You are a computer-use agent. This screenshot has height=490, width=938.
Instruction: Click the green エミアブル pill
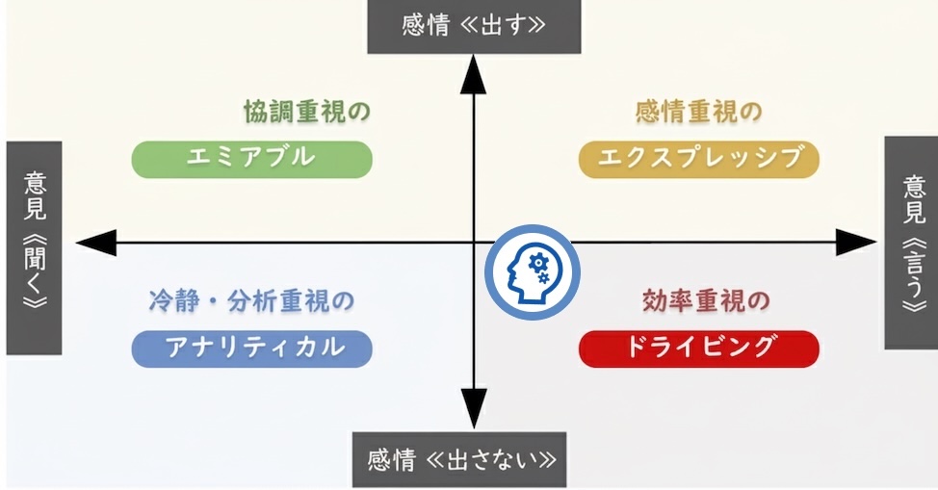coord(251,159)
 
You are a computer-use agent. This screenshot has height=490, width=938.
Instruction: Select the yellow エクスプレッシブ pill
coord(698,159)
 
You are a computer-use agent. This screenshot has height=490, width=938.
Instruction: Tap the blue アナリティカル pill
coord(251,348)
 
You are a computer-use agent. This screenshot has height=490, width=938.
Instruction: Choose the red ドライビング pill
coord(698,348)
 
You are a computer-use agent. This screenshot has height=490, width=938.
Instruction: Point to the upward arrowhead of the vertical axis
coord(473,73)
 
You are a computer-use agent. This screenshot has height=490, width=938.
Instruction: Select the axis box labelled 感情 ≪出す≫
coord(474,26)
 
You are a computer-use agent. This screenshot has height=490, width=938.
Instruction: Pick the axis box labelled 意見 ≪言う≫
coord(910,243)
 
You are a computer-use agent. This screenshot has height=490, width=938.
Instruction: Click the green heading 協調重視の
coord(307,112)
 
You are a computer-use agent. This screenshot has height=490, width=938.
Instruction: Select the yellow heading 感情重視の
coord(698,112)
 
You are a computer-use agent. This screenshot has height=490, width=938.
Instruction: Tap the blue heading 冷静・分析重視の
coord(251,301)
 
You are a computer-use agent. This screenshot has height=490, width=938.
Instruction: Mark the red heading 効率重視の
coord(705,301)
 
